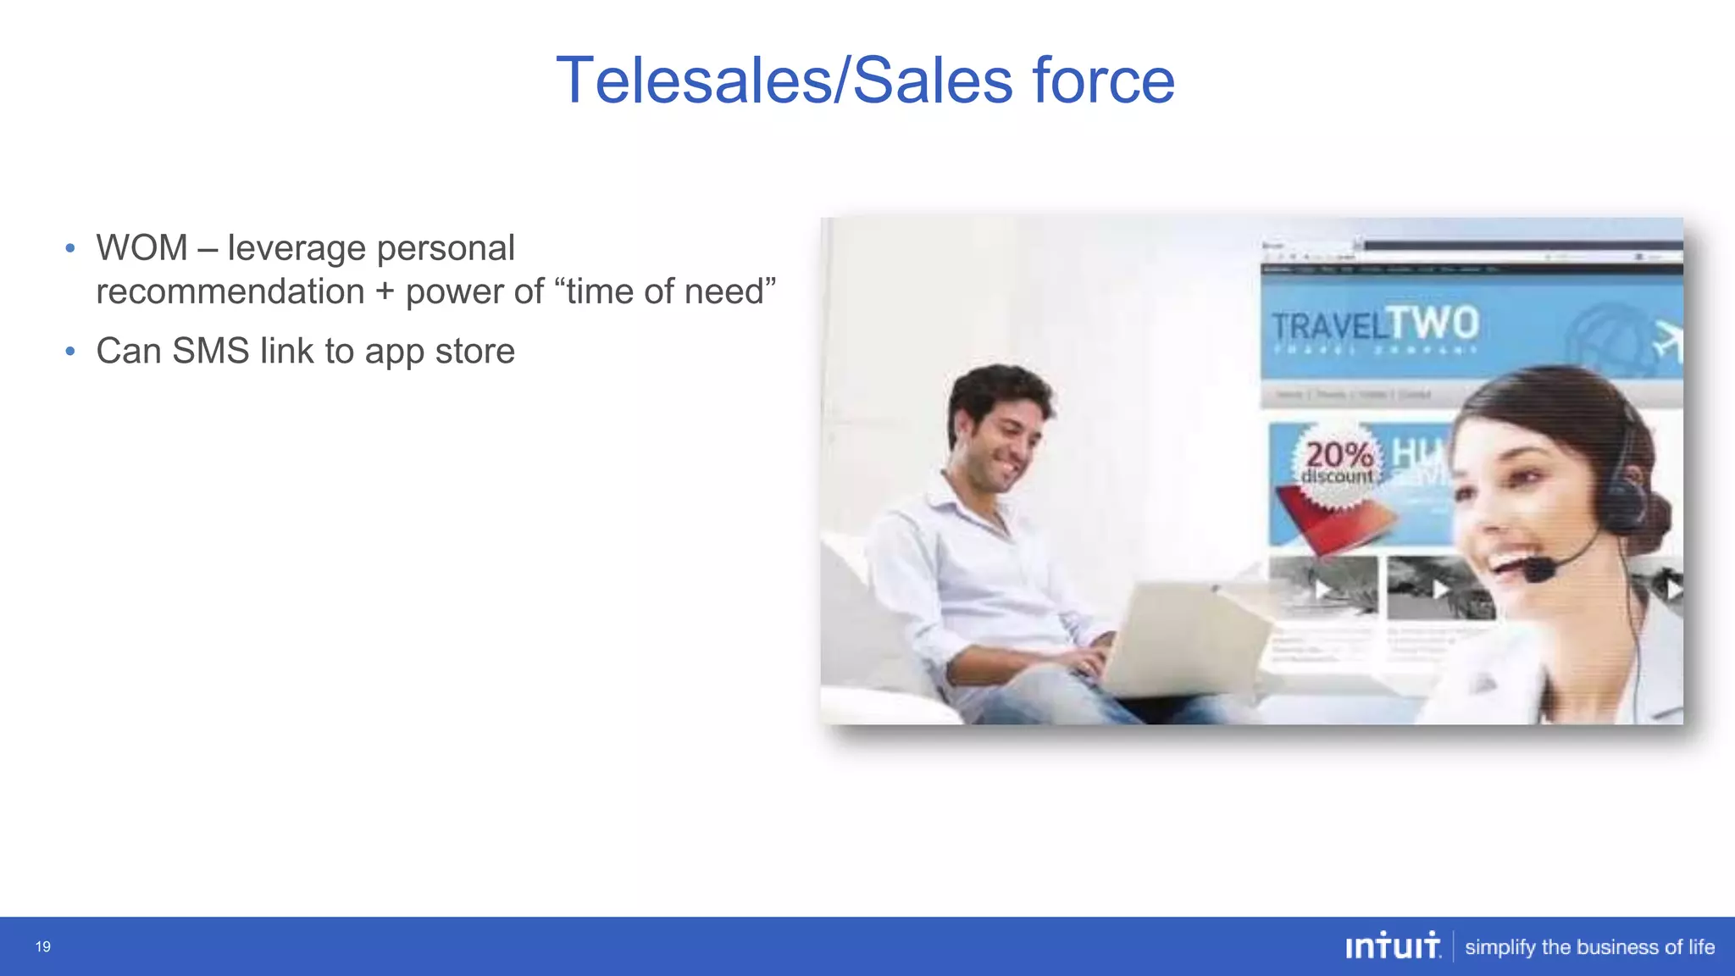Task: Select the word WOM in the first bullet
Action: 141,248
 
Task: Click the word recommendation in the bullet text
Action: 230,291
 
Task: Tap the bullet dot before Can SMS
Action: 70,351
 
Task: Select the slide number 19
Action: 43,946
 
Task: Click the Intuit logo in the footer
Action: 1392,946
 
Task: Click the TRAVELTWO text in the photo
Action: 1375,325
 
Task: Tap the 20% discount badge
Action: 1338,463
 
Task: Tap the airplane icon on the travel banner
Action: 1666,341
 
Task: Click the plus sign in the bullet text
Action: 385,291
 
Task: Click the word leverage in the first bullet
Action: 297,248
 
